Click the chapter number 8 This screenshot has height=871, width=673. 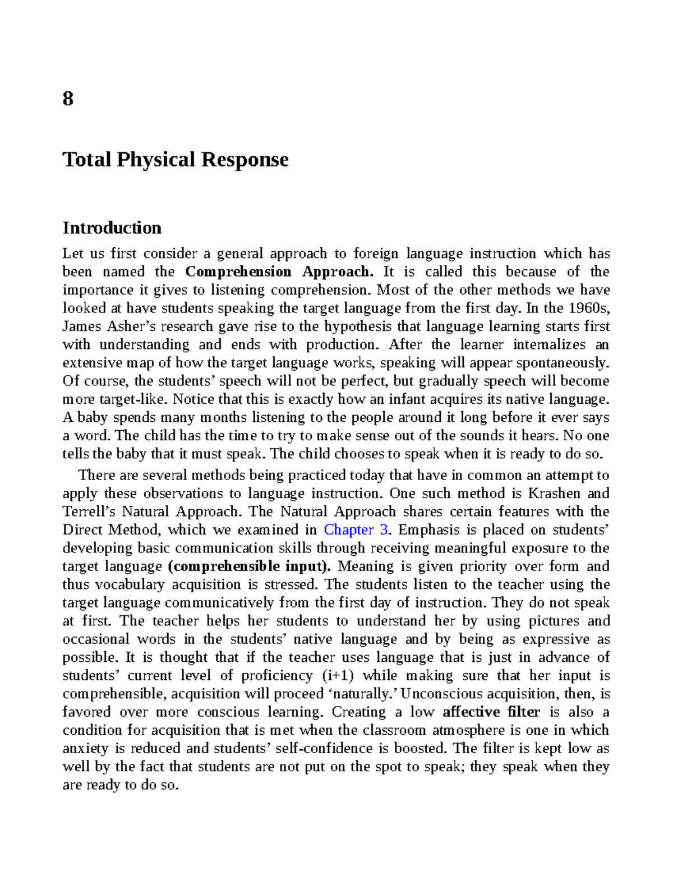tap(68, 99)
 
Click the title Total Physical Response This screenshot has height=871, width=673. tap(176, 160)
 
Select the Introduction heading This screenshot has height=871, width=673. tap(112, 228)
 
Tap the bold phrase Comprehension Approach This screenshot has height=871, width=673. tap(279, 272)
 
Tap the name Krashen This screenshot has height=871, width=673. tap(554, 494)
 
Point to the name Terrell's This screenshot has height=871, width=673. tap(89, 511)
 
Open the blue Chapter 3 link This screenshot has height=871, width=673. tap(356, 530)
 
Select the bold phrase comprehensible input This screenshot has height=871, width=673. tap(249, 566)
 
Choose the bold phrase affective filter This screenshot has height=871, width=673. tap(491, 712)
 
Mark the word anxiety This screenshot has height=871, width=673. tap(85, 749)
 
